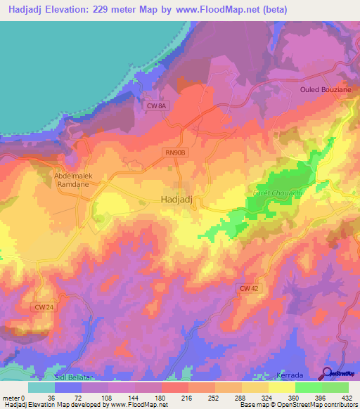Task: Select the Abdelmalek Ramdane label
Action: [74, 181]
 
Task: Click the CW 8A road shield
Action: [156, 106]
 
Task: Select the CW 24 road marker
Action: [44, 307]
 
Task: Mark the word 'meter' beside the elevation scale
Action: [11, 397]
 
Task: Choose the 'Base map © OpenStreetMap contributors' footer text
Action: [297, 405]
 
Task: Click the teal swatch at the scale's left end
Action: [41, 387]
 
